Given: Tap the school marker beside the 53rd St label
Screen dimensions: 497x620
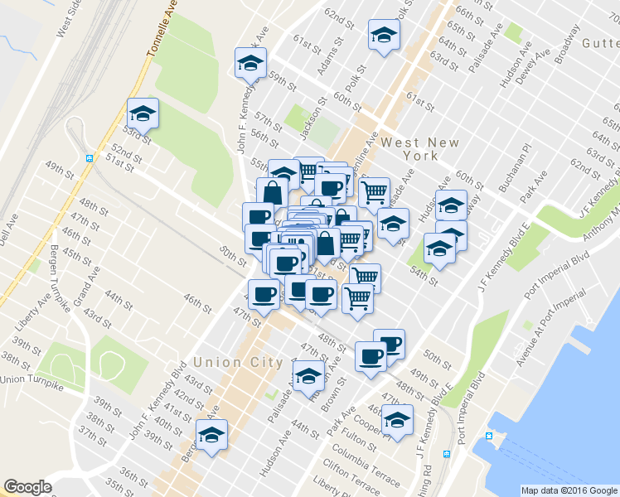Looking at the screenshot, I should click(143, 113).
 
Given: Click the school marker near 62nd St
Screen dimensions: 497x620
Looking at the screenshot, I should click(384, 35).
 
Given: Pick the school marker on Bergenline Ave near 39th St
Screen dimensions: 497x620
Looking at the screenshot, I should click(211, 435).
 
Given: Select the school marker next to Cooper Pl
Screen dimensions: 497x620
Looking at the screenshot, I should click(398, 420).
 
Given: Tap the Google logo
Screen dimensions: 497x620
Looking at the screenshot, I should click(27, 487).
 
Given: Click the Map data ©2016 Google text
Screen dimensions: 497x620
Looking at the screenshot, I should click(568, 490).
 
